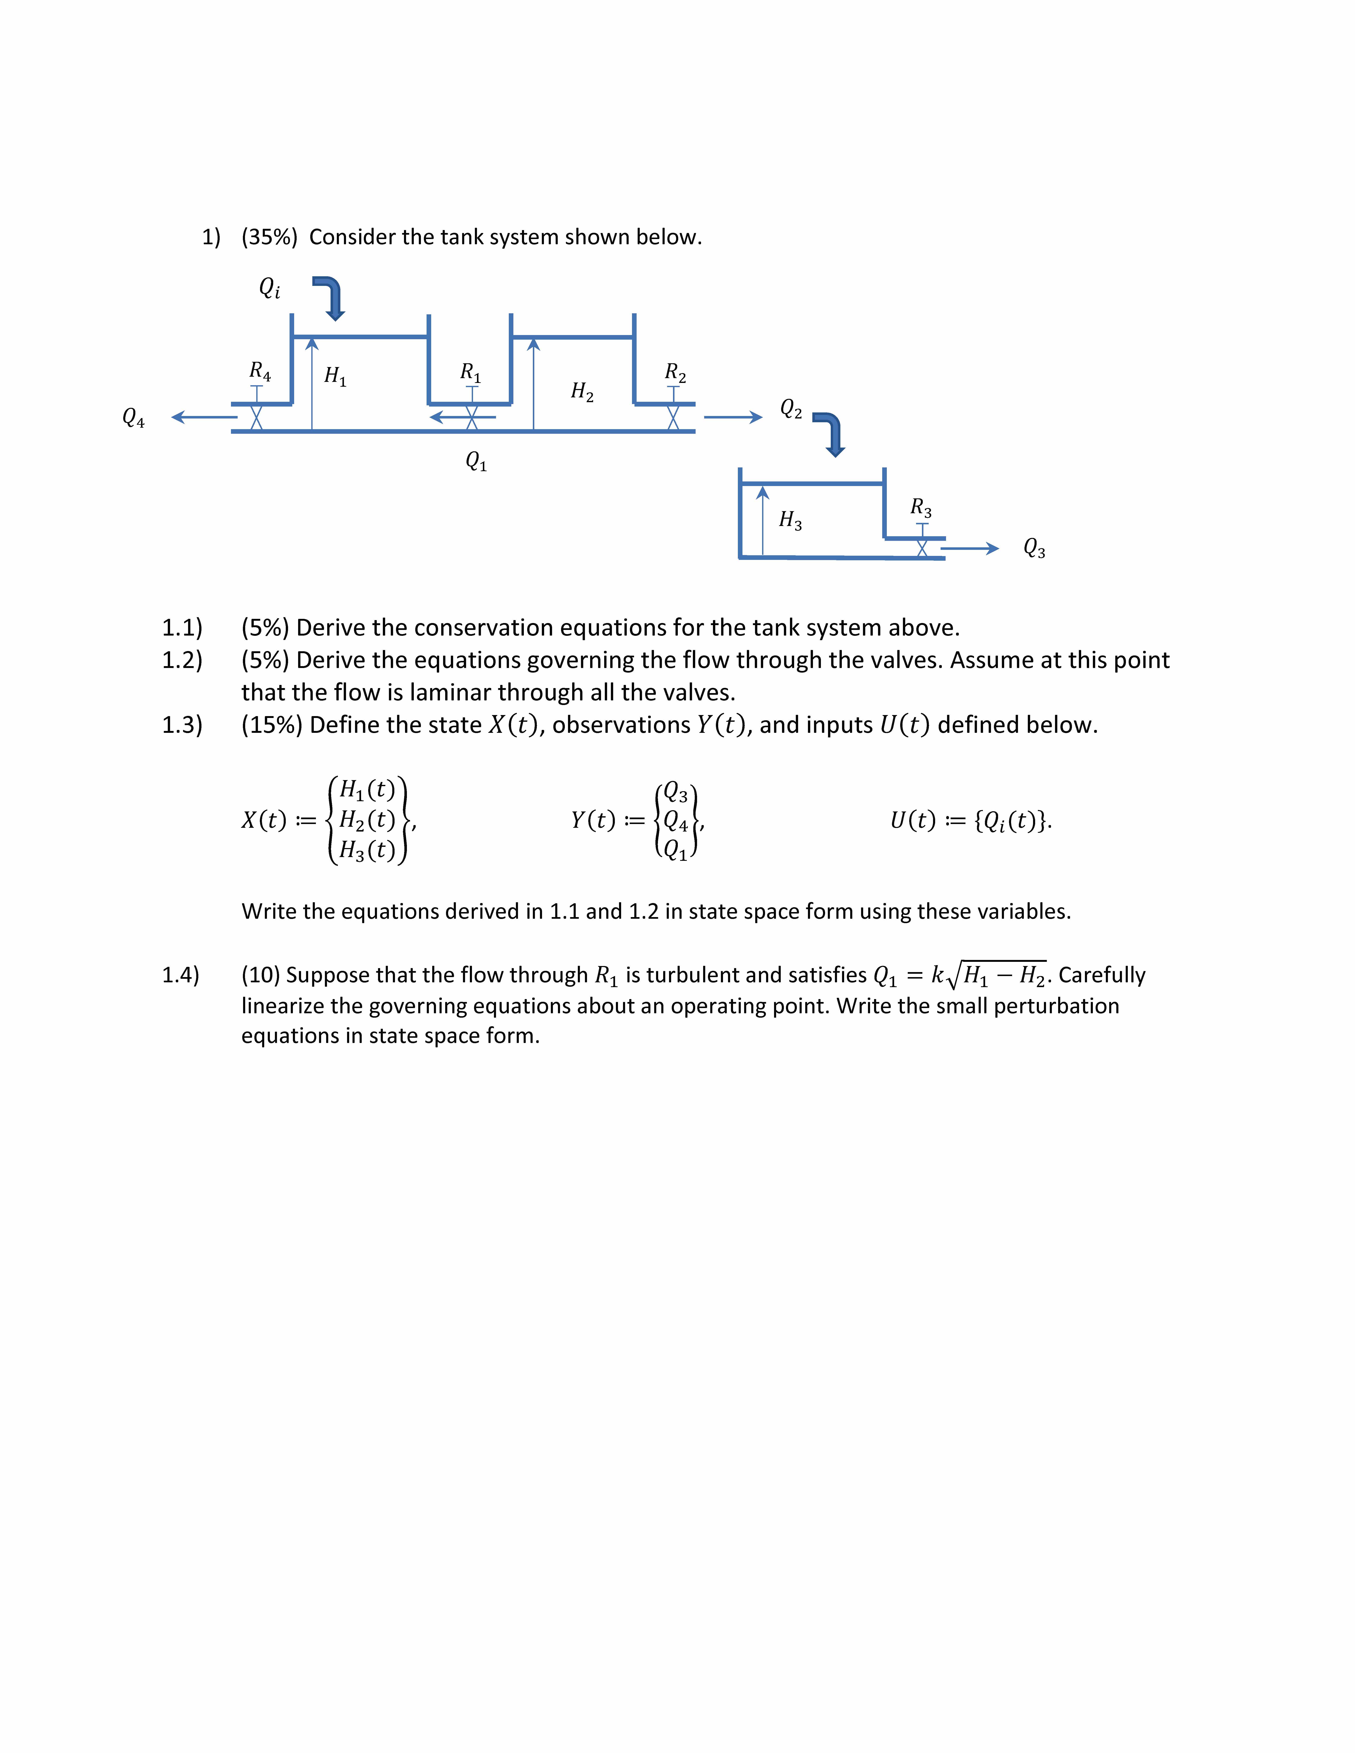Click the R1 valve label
tap(470, 372)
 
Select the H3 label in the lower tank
tap(790, 520)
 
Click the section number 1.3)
tap(182, 725)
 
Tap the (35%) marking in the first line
tap(269, 237)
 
